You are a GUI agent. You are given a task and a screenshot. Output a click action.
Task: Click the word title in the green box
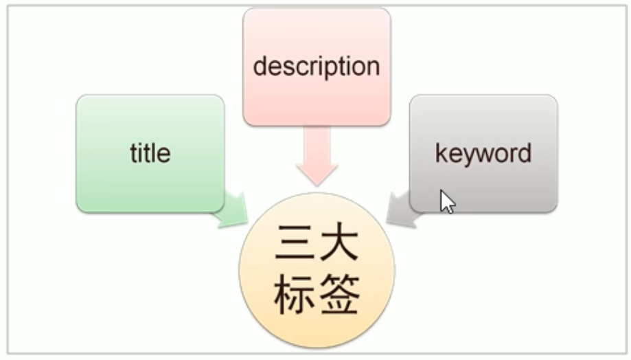[150, 153]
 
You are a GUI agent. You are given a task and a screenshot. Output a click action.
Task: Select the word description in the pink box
[316, 67]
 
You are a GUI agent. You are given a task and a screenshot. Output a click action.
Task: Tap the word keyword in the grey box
[483, 153]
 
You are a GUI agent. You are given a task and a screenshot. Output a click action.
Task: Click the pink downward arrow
[317, 159]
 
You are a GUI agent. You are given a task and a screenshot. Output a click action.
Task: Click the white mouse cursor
[447, 201]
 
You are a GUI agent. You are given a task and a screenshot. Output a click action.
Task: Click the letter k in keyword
[441, 153]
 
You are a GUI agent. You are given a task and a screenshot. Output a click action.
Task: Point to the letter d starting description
[260, 66]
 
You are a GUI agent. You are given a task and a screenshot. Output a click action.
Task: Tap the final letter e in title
[164, 153]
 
